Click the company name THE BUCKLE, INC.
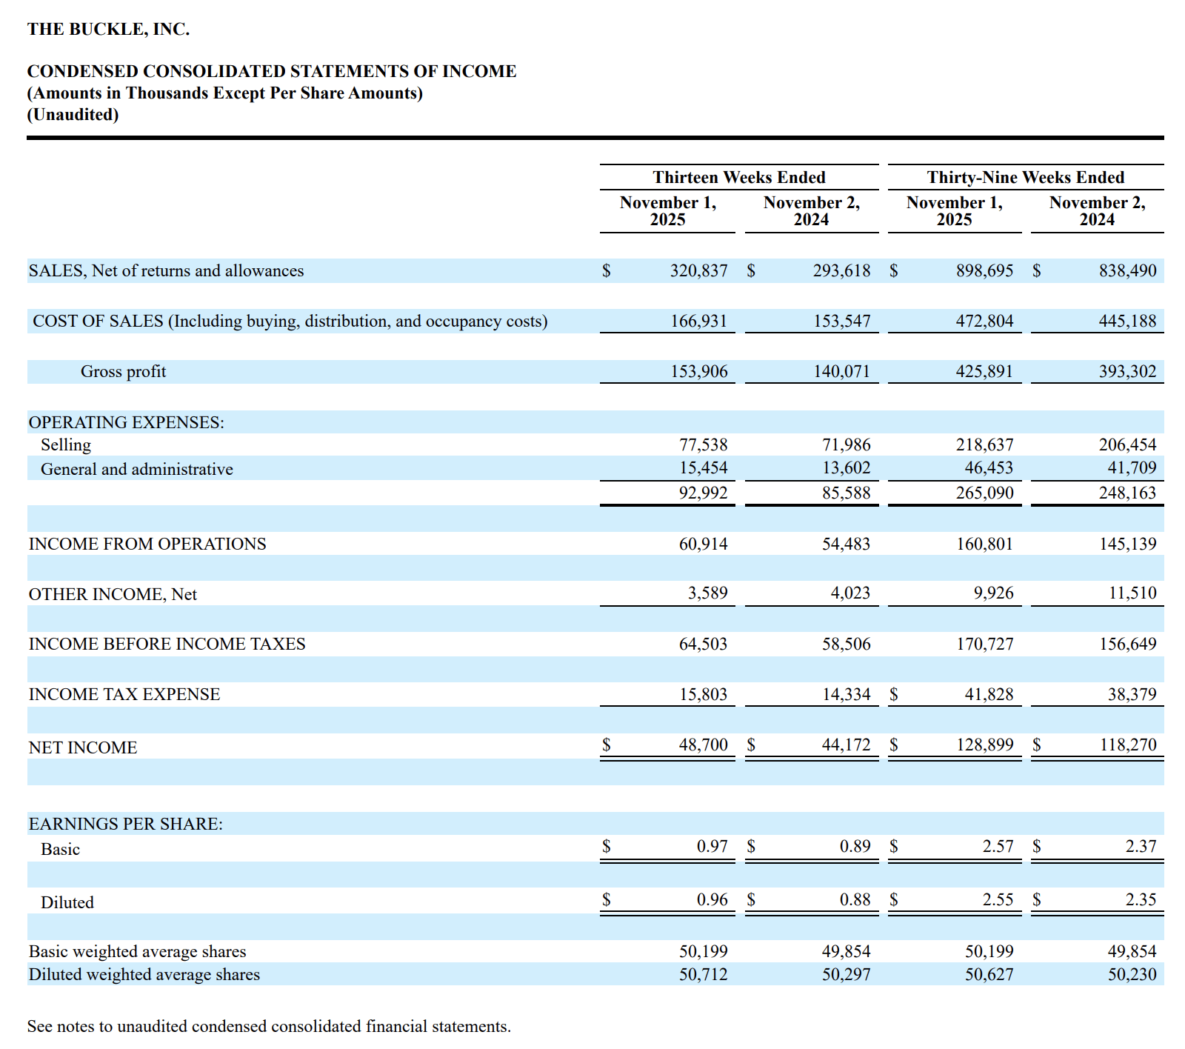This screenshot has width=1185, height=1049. coord(108,29)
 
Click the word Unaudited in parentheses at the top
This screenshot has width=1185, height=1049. coord(73,115)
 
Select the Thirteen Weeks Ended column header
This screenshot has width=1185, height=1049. coord(738,177)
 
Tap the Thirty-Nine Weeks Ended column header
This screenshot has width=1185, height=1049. coord(1025,177)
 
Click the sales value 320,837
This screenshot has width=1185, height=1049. coord(698,271)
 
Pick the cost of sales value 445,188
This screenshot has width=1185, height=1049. coord(1127,322)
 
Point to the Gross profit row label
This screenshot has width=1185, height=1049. coord(123,372)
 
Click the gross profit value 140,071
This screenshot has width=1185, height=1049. coord(841,372)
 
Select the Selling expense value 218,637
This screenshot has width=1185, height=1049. coord(984,445)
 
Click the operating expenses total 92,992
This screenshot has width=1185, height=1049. coord(703,493)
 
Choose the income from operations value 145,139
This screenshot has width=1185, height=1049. coord(1127,545)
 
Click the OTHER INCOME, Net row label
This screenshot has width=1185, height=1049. coord(113,595)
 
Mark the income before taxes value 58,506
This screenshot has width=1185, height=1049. coord(846,645)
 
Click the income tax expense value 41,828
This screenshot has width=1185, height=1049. coord(989,695)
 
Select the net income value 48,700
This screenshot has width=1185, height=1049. coord(703,745)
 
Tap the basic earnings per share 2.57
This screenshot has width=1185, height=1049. coord(998,847)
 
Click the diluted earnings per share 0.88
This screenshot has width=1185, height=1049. coord(855,900)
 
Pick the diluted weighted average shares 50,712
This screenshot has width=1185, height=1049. coord(703,975)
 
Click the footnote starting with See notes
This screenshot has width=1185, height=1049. coord(269,1027)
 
